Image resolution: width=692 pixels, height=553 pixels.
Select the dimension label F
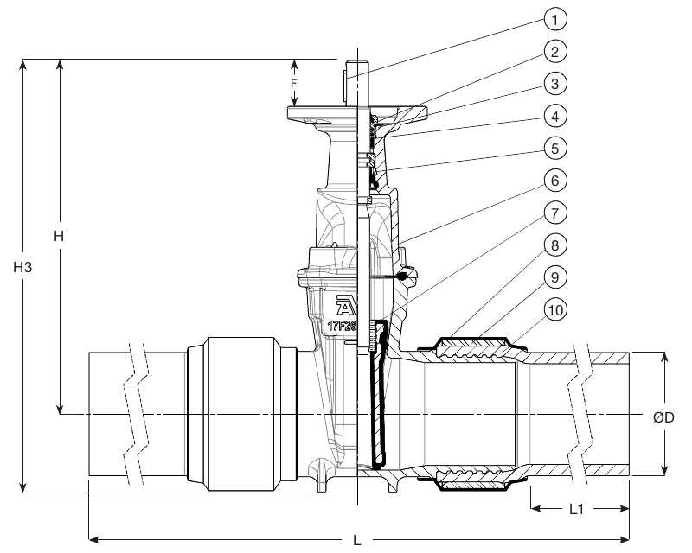(293, 84)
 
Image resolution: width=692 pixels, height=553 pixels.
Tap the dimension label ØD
(664, 417)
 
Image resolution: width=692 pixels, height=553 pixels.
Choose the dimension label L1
(578, 511)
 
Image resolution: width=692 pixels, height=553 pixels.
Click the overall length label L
(358, 542)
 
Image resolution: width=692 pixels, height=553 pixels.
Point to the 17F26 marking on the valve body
(342, 327)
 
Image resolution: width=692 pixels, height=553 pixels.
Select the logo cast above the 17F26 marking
(345, 307)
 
